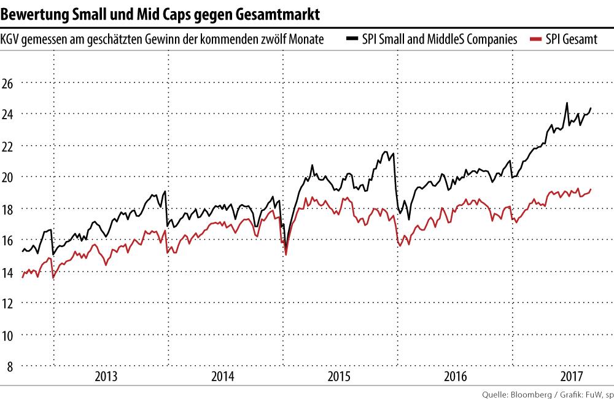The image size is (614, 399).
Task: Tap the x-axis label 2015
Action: point(338,376)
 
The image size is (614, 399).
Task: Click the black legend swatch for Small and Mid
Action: point(352,39)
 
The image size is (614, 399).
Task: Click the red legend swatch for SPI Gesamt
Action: point(535,39)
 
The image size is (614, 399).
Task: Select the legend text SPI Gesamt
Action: point(567,39)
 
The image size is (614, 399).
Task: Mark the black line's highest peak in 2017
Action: point(567,103)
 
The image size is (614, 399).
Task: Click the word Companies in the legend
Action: point(494,39)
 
